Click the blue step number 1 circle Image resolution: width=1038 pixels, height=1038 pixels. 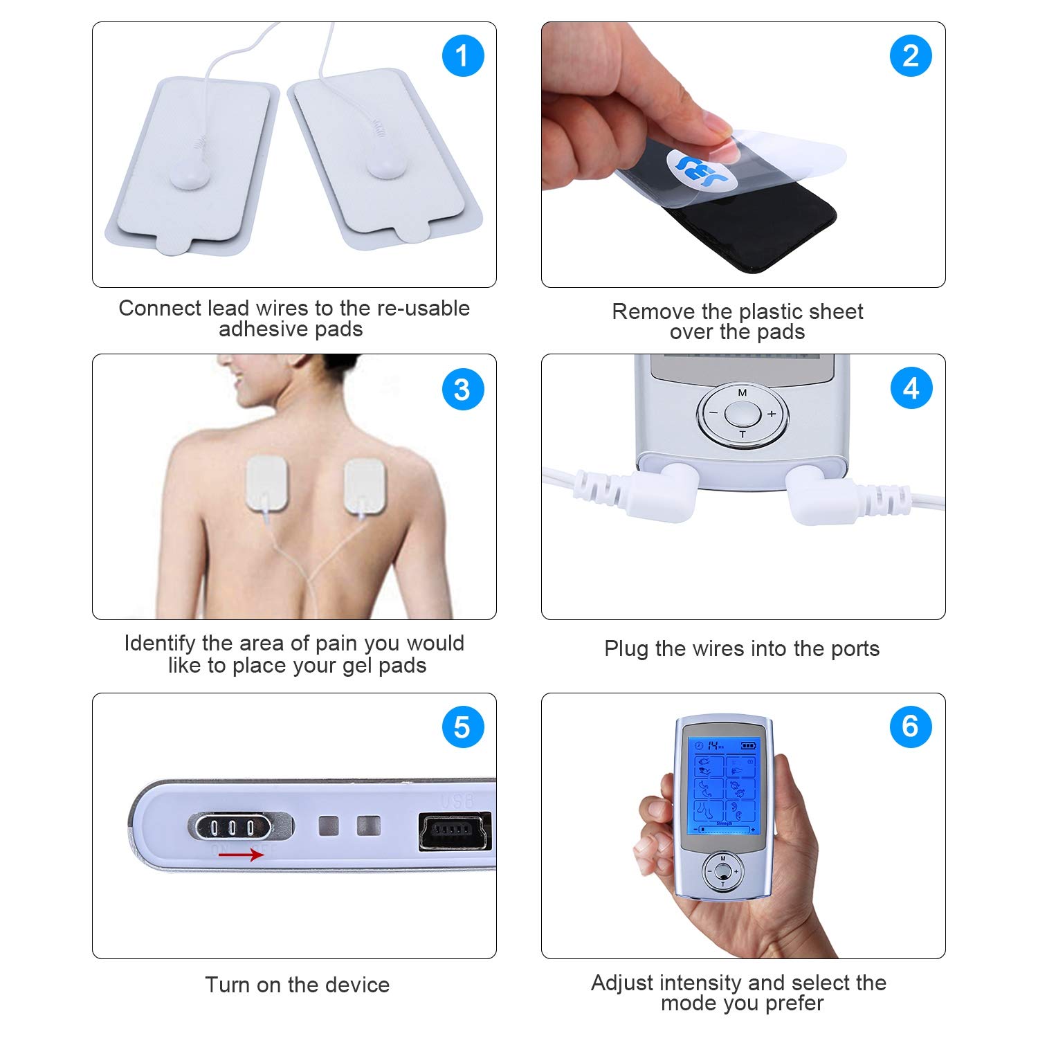tap(462, 56)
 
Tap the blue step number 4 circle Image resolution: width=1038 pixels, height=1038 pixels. tap(911, 388)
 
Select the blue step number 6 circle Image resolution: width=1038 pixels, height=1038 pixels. tap(911, 727)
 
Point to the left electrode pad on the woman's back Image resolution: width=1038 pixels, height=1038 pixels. tap(266, 485)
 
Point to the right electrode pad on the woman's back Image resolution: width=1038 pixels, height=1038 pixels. tap(364, 486)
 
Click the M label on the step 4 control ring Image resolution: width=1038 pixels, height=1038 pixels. tap(743, 392)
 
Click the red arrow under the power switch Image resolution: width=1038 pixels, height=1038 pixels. tap(241, 855)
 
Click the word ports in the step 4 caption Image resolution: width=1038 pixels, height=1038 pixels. tap(852, 649)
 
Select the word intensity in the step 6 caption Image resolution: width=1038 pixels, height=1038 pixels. tap(698, 983)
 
